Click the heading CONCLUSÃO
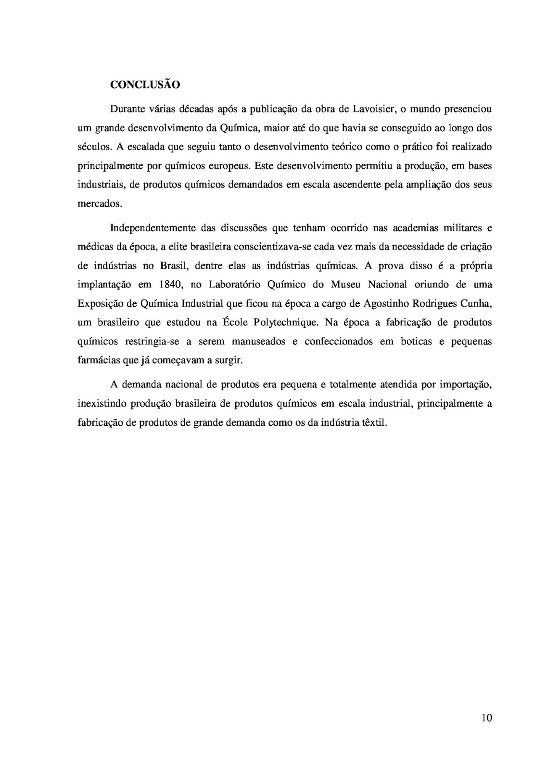(145, 85)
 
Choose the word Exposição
(101, 303)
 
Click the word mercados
(100, 203)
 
